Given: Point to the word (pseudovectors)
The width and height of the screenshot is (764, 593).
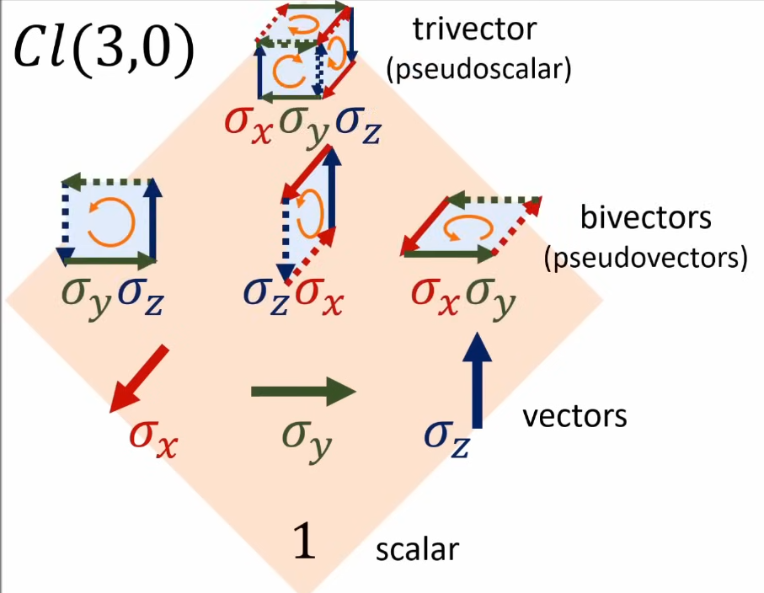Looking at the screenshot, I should point(646,258).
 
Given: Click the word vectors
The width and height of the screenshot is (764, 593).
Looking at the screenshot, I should point(574,416).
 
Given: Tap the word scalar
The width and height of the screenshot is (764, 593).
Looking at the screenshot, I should point(417,549).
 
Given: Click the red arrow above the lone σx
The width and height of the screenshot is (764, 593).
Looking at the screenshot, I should point(140,380).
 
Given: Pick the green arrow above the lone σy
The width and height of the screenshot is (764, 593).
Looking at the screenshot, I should point(303,391).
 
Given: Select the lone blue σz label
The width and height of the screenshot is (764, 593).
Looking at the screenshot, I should point(446,437).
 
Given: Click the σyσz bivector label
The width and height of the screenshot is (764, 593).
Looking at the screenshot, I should point(112,298).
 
